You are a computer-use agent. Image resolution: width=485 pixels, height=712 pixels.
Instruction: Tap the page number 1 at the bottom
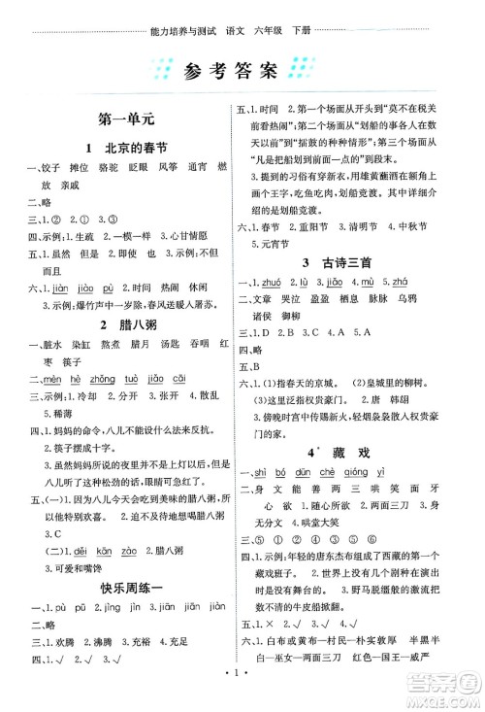[242, 695]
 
